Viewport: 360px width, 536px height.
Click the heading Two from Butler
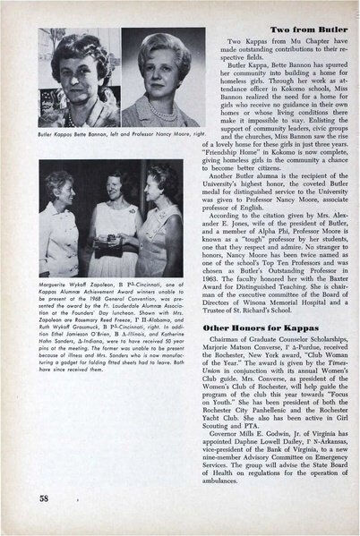pos(283,30)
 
